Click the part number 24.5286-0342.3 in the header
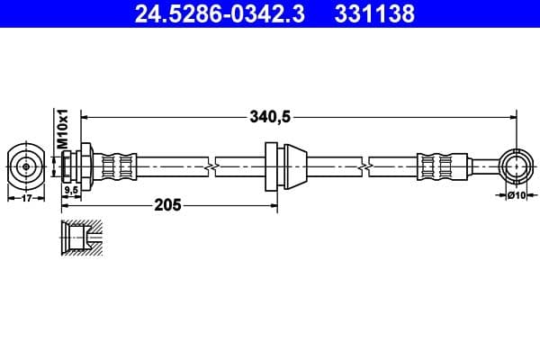[x=209, y=13]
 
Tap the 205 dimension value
[x=168, y=205]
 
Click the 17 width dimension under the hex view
[x=26, y=198]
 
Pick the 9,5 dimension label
[x=70, y=191]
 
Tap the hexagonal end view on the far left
[x=26, y=166]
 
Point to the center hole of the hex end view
[x=26, y=166]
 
